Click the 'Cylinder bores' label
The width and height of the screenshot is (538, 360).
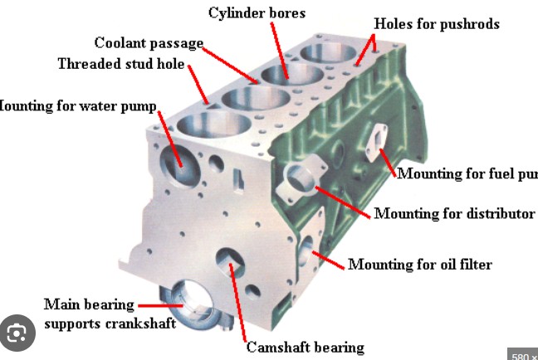tap(257, 12)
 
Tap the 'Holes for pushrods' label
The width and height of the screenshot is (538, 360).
tap(437, 23)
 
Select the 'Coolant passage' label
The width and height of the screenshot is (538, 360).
tap(149, 43)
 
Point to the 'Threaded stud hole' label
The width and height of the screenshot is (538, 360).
tap(121, 64)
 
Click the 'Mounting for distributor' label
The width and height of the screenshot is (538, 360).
tap(454, 214)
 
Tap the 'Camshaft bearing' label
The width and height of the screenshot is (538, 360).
tap(305, 347)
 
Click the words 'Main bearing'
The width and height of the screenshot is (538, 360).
tap(89, 304)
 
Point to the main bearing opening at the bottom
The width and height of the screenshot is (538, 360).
tap(191, 304)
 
